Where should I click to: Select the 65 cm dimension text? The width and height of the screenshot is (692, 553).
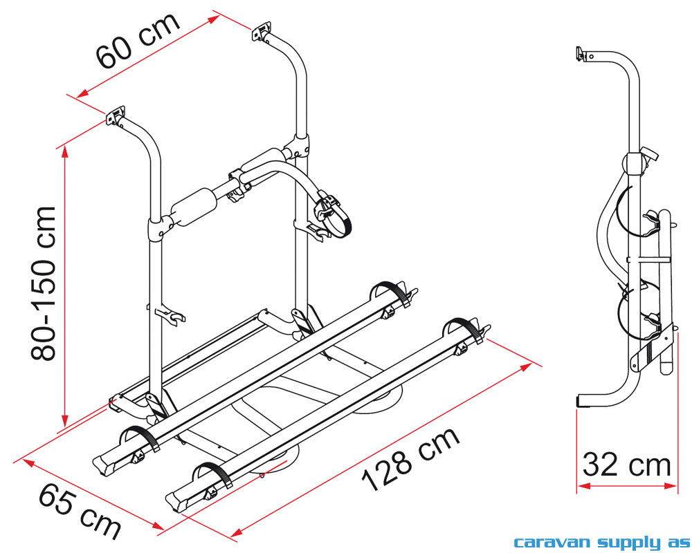80,510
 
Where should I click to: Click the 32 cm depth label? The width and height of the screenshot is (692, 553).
626,465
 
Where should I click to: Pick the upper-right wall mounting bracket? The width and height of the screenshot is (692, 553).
262,35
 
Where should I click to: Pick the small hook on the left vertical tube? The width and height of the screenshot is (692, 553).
172,317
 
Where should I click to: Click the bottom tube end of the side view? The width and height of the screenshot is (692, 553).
585,401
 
